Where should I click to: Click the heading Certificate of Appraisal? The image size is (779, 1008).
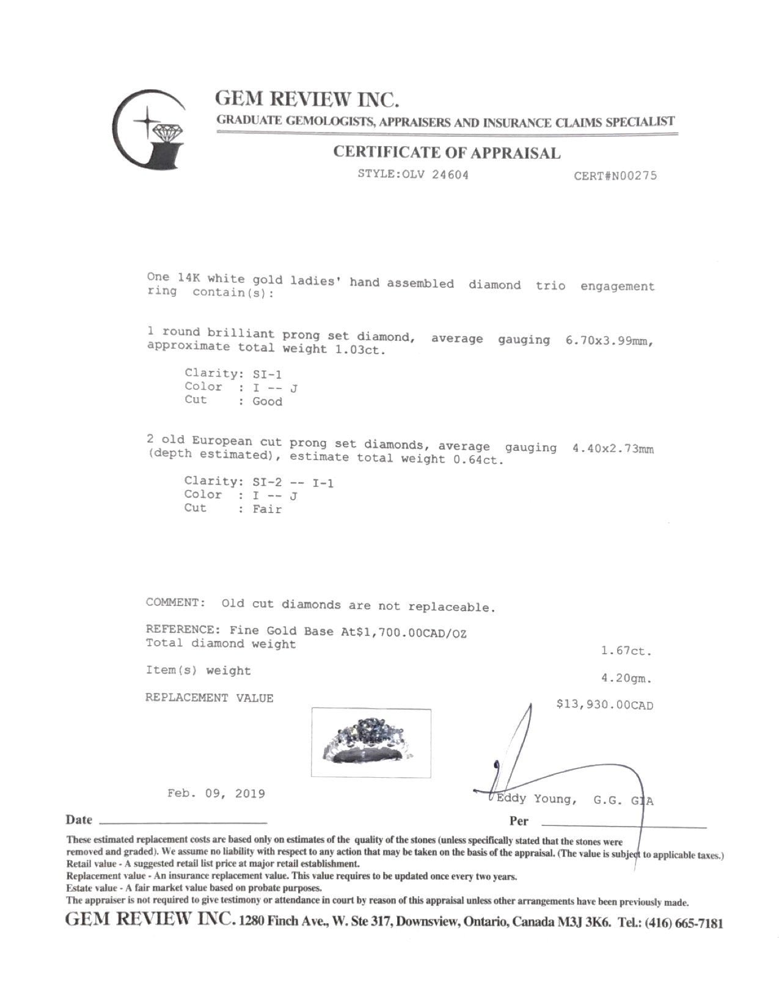click(446, 153)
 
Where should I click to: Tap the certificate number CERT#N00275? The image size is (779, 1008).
click(615, 176)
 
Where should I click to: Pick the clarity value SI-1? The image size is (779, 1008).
click(266, 374)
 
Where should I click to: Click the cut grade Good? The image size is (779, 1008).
click(267, 402)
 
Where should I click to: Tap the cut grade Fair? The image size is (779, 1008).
click(267, 509)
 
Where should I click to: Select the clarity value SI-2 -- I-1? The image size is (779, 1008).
click(293, 483)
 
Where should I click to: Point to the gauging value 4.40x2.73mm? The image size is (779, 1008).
click(612, 449)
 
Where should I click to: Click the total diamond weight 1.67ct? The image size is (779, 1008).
click(626, 651)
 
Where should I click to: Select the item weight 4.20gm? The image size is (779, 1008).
click(626, 678)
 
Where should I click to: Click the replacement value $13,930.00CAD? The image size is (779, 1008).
click(604, 705)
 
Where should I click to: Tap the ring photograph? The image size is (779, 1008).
click(371, 742)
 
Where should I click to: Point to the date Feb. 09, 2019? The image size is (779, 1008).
click(216, 794)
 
